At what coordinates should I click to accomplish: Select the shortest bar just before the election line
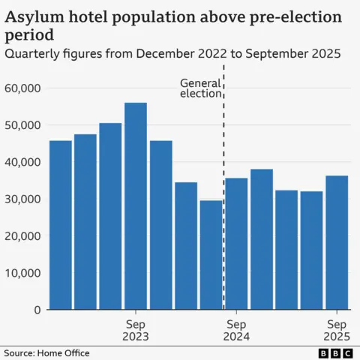pyautogui.click(x=211, y=255)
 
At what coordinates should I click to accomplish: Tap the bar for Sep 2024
pyautogui.click(x=236, y=244)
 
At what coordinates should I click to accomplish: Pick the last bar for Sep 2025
pyautogui.click(x=337, y=243)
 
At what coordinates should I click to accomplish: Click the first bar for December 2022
pyautogui.click(x=60, y=225)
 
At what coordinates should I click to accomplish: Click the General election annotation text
pyautogui.click(x=200, y=88)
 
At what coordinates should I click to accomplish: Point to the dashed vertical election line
pyautogui.click(x=224, y=150)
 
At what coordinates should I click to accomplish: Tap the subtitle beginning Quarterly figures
pyautogui.click(x=172, y=54)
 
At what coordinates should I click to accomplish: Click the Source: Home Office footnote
pyautogui.click(x=46, y=352)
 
